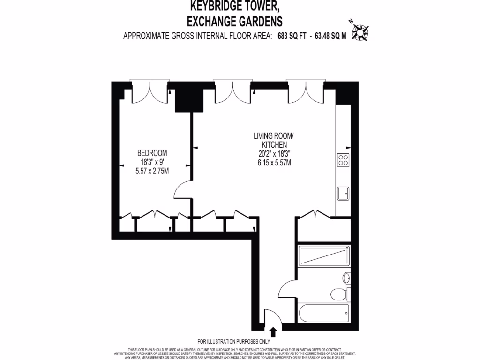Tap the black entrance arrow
point(273,332)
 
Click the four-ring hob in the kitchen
point(343,160)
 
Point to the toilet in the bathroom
point(338,294)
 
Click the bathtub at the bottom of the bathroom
point(324,313)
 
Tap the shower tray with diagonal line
point(324,256)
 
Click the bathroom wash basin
point(346,278)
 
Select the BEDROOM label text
point(152,153)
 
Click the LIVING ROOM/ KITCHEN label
point(273,141)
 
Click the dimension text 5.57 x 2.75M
point(152,171)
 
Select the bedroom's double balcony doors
point(150,92)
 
